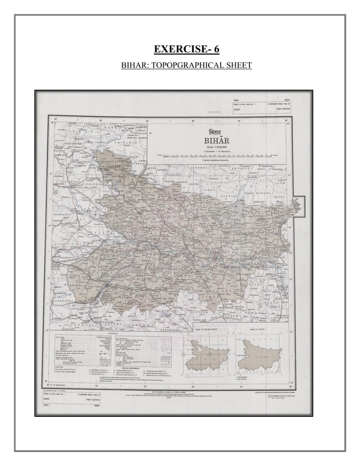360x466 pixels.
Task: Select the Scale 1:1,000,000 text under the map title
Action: coord(210,148)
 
